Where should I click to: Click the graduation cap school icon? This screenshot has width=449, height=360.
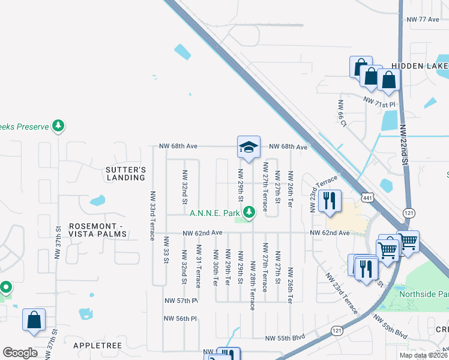(248, 147)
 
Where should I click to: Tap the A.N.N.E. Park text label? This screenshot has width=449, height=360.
(215, 212)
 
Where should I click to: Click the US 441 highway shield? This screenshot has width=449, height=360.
(368, 197)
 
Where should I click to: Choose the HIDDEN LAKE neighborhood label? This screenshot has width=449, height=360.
(420, 65)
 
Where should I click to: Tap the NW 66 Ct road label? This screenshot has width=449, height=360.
(343, 114)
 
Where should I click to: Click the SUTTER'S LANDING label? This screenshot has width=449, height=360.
(126, 173)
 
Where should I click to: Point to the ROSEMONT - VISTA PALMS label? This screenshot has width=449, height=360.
(98, 230)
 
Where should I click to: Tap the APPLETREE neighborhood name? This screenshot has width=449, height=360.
(97, 346)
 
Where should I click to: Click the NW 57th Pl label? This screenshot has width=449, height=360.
(181, 301)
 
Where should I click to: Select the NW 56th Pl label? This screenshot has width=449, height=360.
(181, 319)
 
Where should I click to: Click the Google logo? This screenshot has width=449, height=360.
(19, 353)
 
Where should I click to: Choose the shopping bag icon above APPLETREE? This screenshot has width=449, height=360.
(34, 321)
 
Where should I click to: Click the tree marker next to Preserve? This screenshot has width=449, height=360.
(58, 126)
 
